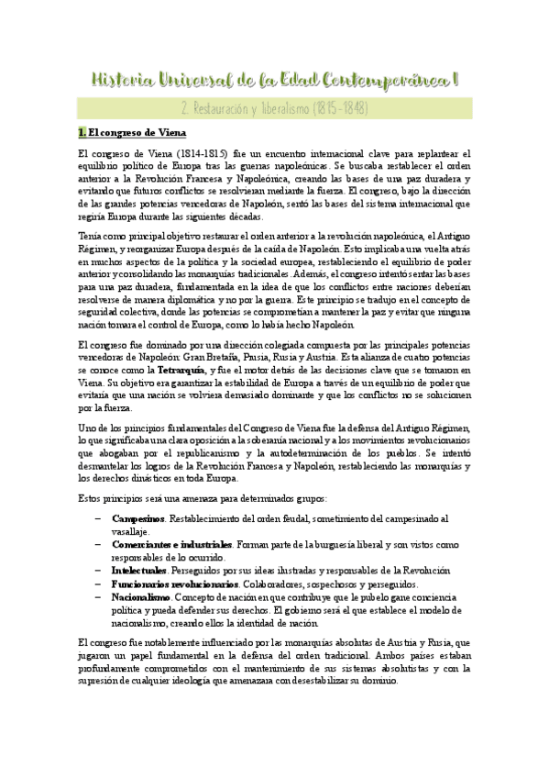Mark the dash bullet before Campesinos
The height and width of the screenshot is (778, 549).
tap(97, 518)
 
